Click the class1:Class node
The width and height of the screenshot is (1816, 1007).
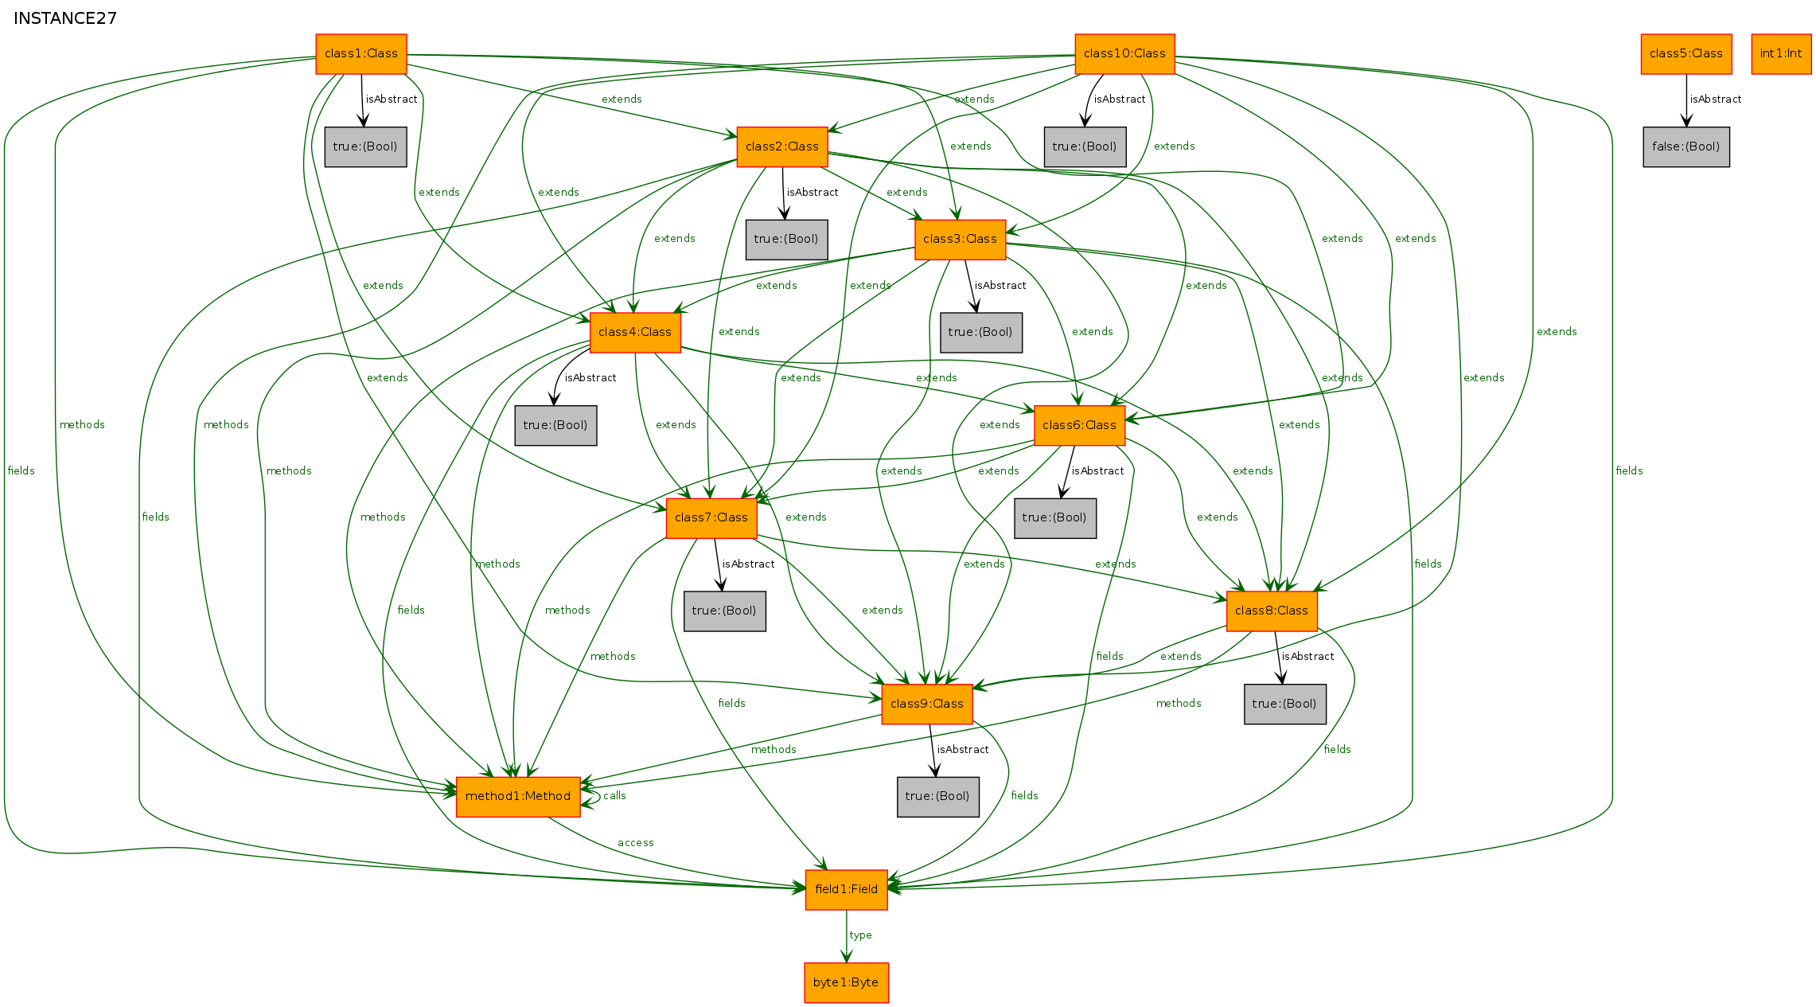(361, 54)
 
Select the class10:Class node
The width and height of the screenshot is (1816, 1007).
(1124, 54)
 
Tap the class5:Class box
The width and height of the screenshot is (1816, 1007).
(1686, 54)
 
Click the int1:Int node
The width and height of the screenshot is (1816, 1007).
(1781, 54)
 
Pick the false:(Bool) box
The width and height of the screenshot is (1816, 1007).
(1686, 146)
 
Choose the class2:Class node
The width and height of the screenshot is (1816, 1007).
(782, 146)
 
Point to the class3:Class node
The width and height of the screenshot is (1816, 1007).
(960, 240)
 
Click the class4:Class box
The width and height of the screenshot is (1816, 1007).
(635, 333)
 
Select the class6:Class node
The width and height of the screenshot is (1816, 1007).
(1079, 425)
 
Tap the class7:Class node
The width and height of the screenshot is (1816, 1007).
(711, 518)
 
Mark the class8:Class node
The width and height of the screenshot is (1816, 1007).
(1272, 611)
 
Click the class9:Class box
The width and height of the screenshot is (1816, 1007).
(927, 704)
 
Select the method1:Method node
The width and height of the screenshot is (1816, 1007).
(518, 797)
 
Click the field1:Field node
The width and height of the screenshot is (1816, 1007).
(847, 890)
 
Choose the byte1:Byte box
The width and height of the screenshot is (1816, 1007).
(846, 982)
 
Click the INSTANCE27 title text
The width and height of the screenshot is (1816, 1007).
(65, 18)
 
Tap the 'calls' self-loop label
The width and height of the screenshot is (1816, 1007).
(614, 796)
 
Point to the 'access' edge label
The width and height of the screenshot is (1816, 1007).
(636, 843)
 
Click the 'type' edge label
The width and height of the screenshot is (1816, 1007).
(860, 935)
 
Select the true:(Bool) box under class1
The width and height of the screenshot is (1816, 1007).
(365, 146)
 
